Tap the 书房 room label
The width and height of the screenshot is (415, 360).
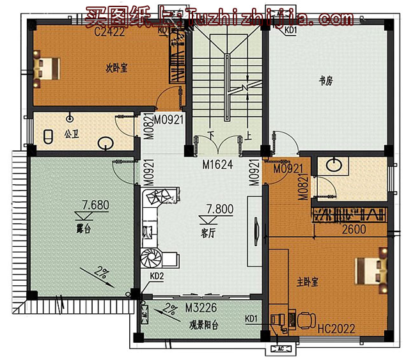[326, 81]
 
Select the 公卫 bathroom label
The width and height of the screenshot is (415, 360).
[70, 135]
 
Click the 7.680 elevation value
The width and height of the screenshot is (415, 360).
[95, 205]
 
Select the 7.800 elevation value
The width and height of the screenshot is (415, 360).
[219, 208]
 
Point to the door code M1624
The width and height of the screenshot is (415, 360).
[217, 165]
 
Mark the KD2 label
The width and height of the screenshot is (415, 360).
[157, 276]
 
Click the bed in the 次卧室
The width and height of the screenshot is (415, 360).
[47, 67]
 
